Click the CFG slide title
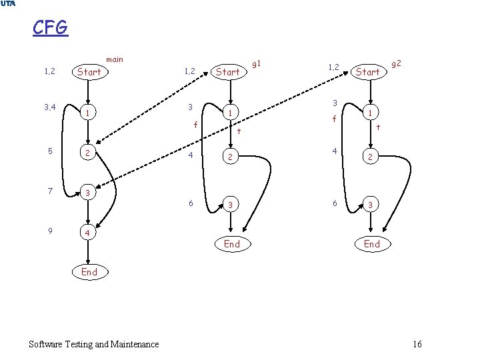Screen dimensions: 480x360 pos(50,28)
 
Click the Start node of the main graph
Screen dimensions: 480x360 pos(89,71)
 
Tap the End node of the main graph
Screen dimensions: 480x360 pos(89,271)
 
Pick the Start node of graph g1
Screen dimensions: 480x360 pos(228,71)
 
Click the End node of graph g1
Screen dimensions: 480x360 pos(232,244)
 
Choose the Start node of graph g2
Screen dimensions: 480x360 pos(367,71)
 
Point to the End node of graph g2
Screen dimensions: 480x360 pos(372,244)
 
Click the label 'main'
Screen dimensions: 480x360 pos(114,60)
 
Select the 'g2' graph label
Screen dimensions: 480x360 pos(396,63)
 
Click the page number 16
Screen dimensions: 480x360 pos(417,344)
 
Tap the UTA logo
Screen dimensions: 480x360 pos(8,4)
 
